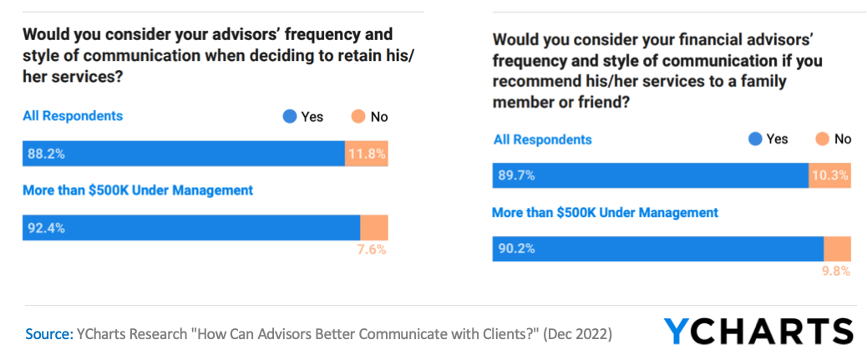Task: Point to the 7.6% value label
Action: (x=373, y=249)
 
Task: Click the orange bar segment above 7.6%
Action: (x=374, y=228)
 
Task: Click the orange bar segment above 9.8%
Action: (x=837, y=249)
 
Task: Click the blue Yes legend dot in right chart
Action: (x=755, y=139)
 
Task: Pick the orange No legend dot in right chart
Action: (x=821, y=139)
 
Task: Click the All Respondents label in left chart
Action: (x=73, y=116)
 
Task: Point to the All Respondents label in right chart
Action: (x=542, y=139)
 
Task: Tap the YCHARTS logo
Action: (x=758, y=332)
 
